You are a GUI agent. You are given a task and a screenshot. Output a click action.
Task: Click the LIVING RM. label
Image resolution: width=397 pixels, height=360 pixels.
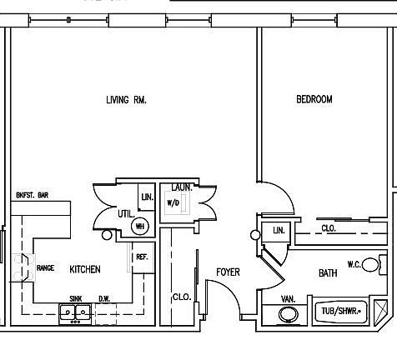tap(127, 100)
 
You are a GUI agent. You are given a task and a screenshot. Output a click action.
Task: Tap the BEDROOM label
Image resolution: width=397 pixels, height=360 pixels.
tap(314, 100)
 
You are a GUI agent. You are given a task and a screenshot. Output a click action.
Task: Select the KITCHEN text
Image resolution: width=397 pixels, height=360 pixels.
tap(85, 269)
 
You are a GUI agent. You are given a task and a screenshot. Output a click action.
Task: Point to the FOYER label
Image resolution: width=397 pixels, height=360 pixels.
tap(228, 272)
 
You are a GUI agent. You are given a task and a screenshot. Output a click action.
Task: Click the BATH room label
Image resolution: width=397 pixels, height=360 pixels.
tap(328, 273)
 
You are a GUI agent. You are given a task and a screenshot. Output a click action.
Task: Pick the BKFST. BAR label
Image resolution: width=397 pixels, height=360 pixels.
tap(33, 195)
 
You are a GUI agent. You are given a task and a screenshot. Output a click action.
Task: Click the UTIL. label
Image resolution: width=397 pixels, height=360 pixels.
tap(125, 214)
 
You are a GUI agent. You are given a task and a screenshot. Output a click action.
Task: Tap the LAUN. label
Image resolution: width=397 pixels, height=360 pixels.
tap(182, 187)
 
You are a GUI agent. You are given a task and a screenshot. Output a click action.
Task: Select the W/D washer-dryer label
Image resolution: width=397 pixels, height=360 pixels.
tap(173, 202)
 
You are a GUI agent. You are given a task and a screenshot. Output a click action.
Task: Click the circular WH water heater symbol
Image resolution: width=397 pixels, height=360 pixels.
tap(140, 226)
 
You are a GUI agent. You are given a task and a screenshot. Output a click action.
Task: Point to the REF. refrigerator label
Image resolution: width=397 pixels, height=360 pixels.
tap(142, 257)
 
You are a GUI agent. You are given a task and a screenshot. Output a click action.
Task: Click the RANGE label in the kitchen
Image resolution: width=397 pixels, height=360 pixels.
tap(45, 268)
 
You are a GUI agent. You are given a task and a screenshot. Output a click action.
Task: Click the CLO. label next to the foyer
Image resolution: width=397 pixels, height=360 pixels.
tap(181, 297)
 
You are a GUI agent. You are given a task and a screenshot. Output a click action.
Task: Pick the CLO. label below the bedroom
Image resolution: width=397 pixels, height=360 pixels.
tap(329, 227)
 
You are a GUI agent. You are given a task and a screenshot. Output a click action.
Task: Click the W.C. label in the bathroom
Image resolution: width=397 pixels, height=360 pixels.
tap(354, 263)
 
